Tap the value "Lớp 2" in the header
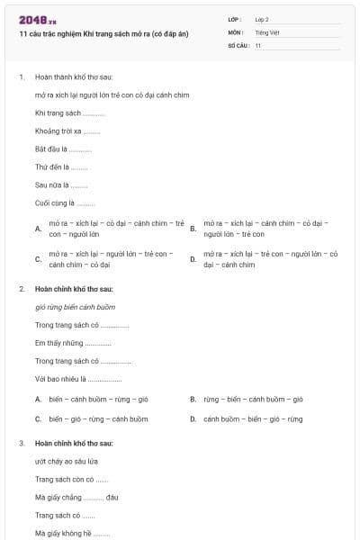tap(262, 19)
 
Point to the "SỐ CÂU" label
tap(238, 45)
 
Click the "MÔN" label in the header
tap(235, 31)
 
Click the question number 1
tap(22, 77)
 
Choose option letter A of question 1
tap(38, 229)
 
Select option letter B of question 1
tap(193, 229)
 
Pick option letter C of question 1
tap(38, 259)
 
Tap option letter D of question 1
tap(193, 259)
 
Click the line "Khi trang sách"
tap(69, 112)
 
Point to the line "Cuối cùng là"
tap(65, 202)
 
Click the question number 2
tap(22, 289)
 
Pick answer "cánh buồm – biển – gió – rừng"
tap(253, 418)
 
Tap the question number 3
tap(22, 444)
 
